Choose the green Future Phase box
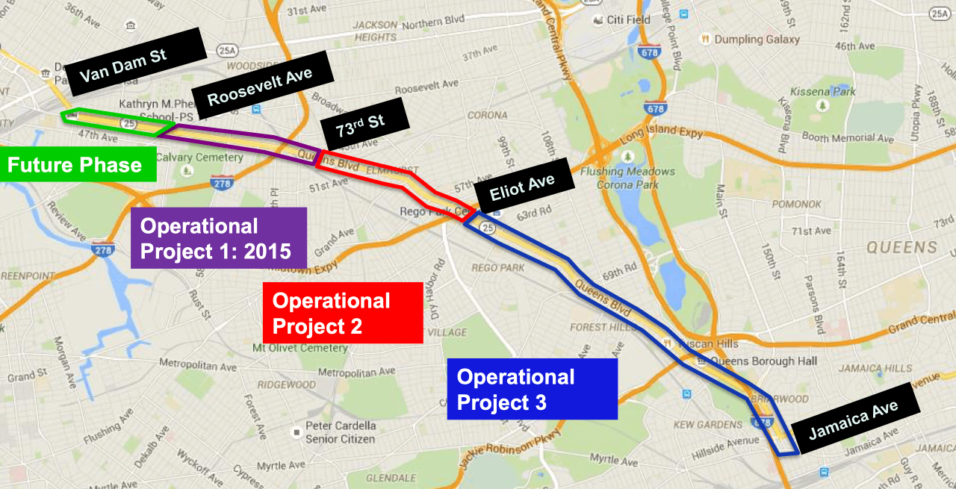coord(78,164)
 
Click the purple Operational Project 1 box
coord(218,237)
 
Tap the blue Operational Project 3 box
coord(531,389)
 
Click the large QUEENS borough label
coord(901,247)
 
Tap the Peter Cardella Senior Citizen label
coord(340,433)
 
